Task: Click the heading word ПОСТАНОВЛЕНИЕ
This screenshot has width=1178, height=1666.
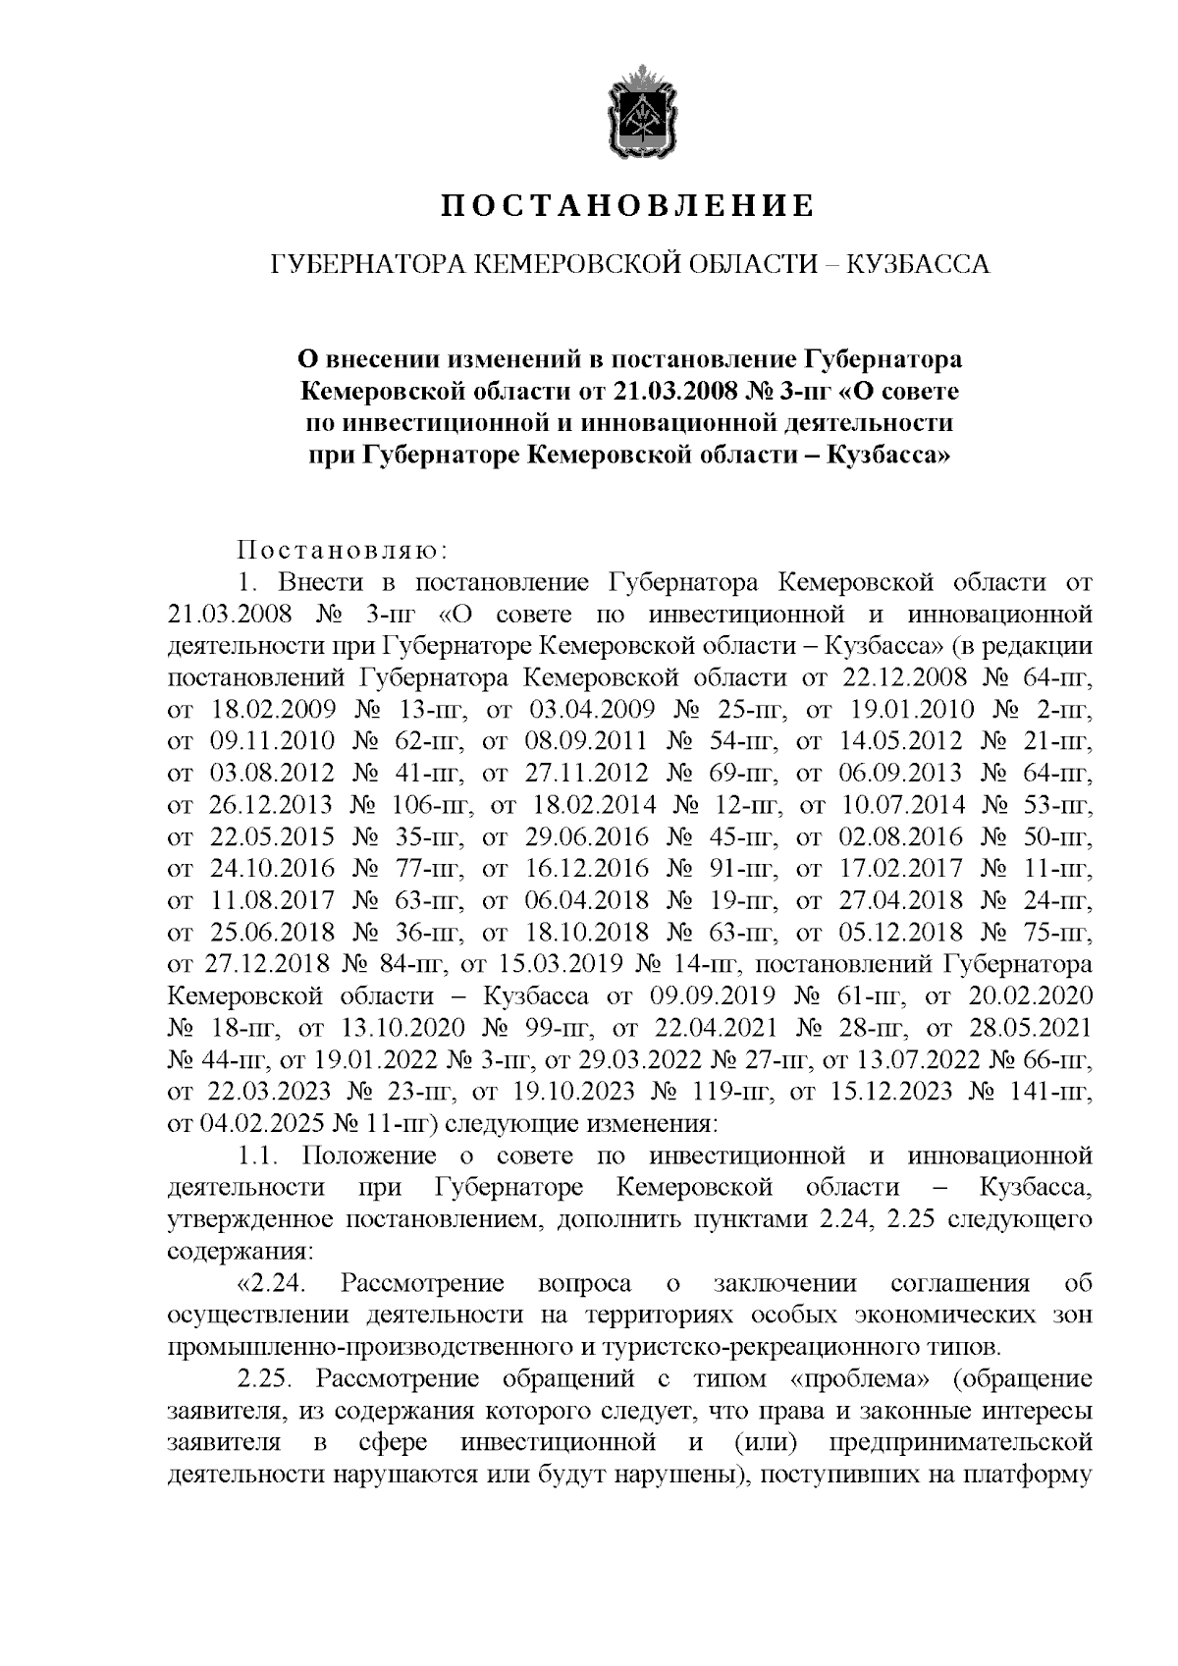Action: (625, 206)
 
